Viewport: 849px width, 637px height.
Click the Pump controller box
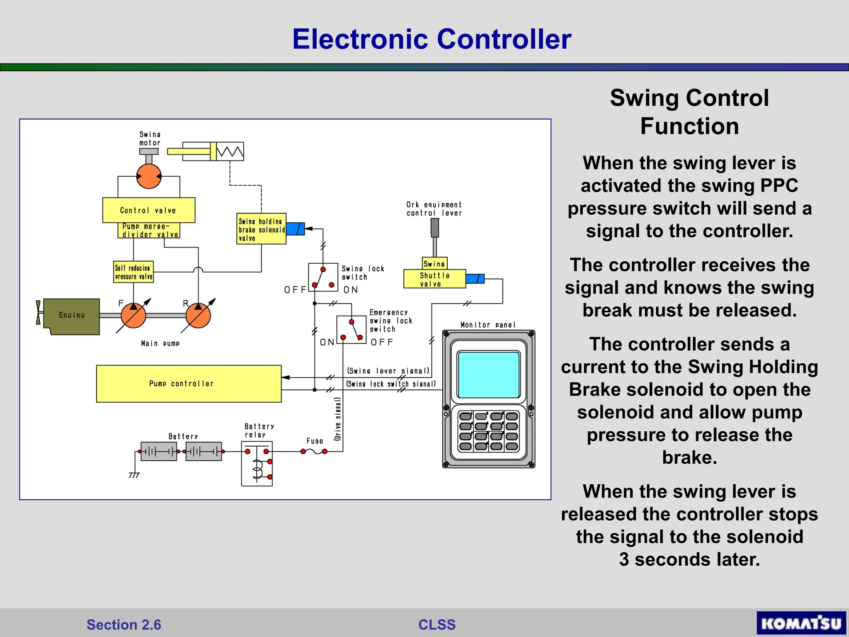click(189, 384)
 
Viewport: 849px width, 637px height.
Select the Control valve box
click(148, 210)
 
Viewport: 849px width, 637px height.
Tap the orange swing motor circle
click(149, 176)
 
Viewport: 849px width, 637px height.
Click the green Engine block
click(72, 316)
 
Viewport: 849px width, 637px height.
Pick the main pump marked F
click(133, 316)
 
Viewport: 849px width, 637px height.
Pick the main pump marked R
click(198, 316)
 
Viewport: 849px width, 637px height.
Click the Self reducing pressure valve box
click(133, 272)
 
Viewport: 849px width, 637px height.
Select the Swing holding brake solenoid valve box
click(261, 229)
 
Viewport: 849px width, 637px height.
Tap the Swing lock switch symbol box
click(323, 277)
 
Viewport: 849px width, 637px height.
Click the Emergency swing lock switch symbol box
click(351, 330)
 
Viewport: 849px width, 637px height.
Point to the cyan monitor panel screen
click(488, 374)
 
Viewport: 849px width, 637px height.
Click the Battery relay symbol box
click(257, 464)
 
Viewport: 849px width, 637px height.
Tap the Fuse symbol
click(314, 452)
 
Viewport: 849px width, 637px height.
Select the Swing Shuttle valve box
click(434, 279)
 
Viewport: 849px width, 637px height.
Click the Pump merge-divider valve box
click(149, 231)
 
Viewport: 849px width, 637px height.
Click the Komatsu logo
click(801, 623)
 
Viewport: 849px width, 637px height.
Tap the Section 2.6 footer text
click(124, 625)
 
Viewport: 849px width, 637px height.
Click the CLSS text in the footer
click(437, 625)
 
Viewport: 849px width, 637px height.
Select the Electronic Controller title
click(432, 39)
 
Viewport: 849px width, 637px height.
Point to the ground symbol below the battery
click(134, 475)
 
